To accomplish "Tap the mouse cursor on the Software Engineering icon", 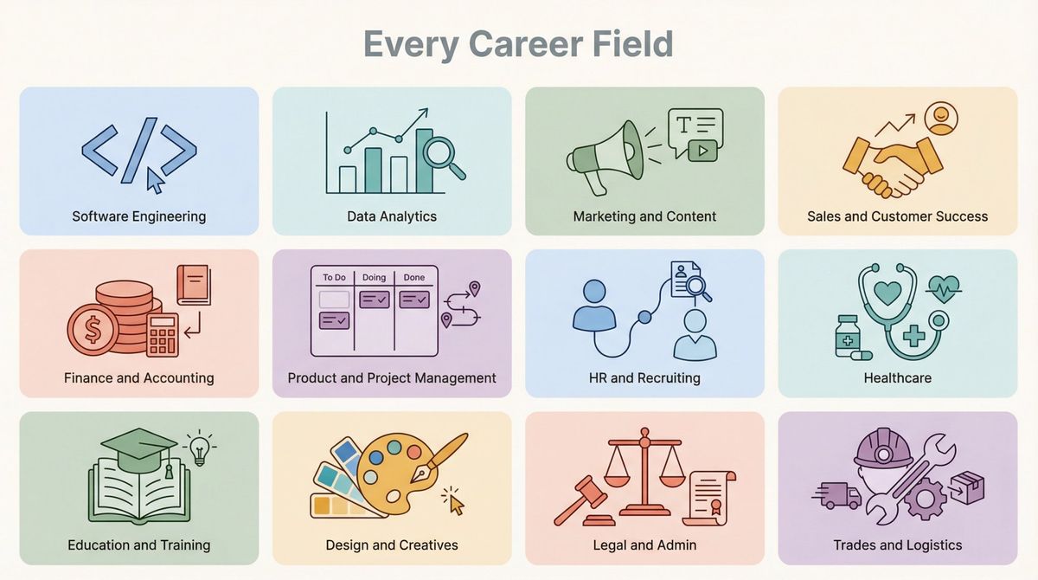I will (x=155, y=180).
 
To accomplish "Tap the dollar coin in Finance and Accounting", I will (x=92, y=329).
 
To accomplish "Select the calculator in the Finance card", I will (x=163, y=334).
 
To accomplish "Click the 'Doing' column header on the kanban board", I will (x=374, y=278).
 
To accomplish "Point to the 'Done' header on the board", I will (x=414, y=278).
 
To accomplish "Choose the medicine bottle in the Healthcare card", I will (x=848, y=336).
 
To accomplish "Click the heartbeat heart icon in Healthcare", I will (x=943, y=287).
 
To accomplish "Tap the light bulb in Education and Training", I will (x=200, y=448).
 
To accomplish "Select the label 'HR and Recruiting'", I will (x=644, y=378).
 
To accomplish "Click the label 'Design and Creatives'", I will (x=392, y=545).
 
